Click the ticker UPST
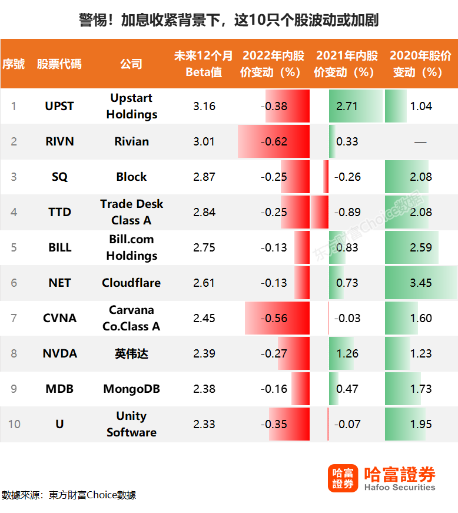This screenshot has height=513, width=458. tap(59, 106)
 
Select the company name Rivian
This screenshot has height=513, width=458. tap(131, 141)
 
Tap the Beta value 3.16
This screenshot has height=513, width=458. tap(204, 106)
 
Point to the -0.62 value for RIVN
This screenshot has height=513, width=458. tap(274, 141)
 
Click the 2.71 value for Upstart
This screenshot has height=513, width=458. tap(347, 106)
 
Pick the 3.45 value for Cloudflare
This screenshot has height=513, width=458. tap(421, 283)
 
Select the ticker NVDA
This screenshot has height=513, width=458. tap(60, 353)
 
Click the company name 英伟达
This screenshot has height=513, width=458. tap(131, 353)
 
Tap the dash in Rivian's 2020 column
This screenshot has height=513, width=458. tap(420, 142)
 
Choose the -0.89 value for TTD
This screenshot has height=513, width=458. tap(347, 212)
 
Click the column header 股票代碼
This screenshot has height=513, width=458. tap(59, 64)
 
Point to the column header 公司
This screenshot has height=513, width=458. tap(131, 64)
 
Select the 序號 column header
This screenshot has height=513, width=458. tap(14, 64)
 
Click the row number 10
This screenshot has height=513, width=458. tap(14, 424)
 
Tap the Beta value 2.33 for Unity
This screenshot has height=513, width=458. tap(204, 424)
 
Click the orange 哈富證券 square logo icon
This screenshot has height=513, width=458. tap(343, 478)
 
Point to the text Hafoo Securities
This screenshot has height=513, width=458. tap(400, 487)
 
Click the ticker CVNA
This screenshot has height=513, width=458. tap(60, 318)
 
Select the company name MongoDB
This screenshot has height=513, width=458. tap(131, 389)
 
